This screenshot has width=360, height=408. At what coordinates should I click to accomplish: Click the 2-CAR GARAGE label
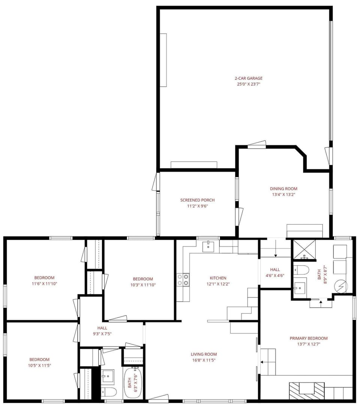243,78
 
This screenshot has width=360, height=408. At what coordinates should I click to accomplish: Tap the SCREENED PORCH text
197,200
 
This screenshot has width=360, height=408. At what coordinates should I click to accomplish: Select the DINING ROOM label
283,189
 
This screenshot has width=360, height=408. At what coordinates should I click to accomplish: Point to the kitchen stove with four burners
183,279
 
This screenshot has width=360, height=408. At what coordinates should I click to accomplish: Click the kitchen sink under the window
208,247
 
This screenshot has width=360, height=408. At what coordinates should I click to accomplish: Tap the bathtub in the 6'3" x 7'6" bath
131,383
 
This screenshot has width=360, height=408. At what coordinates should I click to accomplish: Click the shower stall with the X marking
304,250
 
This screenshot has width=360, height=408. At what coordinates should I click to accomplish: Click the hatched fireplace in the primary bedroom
306,390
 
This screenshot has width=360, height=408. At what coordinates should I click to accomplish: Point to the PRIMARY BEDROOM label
309,338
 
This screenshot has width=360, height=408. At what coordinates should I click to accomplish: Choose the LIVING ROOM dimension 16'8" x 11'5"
204,360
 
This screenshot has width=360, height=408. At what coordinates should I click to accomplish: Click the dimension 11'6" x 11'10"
44,284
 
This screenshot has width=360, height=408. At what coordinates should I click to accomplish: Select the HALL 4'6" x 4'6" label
275,272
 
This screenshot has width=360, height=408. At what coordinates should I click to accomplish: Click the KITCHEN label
218,278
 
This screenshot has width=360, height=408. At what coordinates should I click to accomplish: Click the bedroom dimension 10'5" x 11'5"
42,365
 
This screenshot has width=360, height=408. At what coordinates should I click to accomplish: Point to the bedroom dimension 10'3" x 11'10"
143,285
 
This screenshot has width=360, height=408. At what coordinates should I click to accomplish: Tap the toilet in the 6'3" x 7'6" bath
109,392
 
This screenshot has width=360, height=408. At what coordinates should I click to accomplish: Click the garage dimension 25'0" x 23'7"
243,84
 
